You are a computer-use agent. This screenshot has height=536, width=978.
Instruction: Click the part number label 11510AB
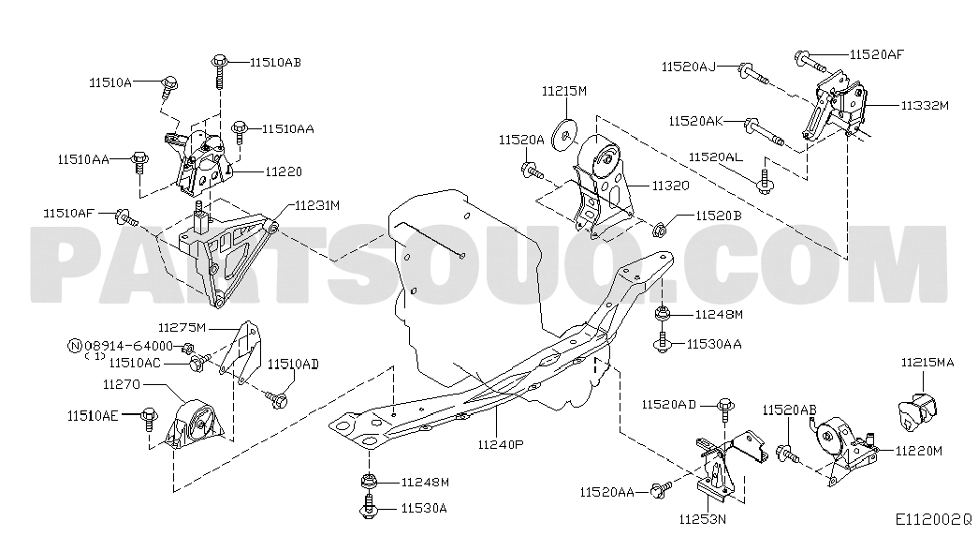tap(275, 63)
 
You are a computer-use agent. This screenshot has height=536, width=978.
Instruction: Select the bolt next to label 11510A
tap(168, 87)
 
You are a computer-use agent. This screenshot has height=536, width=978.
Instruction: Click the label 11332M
tap(925, 106)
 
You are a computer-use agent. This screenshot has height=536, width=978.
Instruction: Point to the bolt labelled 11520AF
tap(810, 62)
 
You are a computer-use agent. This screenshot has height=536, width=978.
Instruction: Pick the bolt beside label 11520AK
tap(764, 131)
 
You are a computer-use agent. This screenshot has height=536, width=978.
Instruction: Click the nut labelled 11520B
tap(659, 231)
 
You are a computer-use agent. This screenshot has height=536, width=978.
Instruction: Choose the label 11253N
tap(703, 519)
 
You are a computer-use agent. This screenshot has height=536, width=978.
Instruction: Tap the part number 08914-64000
tap(128, 346)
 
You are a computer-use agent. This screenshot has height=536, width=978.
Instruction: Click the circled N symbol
tap(75, 346)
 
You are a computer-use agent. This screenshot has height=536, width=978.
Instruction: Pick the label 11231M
tap(317, 205)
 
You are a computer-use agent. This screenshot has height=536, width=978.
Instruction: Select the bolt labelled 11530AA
tap(662, 342)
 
